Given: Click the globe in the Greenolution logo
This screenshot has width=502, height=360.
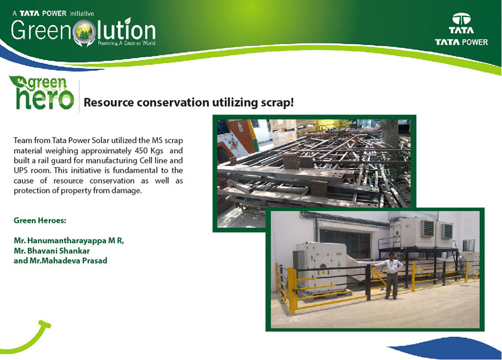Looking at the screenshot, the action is [85, 32].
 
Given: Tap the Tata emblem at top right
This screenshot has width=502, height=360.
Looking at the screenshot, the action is [461, 19].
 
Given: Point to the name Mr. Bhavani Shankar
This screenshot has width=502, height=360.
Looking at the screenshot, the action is [52, 250].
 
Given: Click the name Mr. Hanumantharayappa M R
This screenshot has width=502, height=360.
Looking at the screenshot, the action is [69, 241].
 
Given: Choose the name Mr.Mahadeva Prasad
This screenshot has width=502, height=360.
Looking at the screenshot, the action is [60, 260].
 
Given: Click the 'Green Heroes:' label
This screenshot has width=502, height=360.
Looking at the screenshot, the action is [40, 221].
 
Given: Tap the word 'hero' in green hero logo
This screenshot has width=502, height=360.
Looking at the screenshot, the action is [45, 98].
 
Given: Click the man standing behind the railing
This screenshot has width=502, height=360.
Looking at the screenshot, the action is [391, 275].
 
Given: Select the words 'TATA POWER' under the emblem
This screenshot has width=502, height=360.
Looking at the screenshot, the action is [461, 42].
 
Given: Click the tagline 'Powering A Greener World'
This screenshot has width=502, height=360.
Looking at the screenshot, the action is [126, 43].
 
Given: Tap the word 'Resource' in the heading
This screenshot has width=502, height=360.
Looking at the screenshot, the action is [109, 103].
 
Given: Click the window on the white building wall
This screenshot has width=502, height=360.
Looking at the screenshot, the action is [345, 244].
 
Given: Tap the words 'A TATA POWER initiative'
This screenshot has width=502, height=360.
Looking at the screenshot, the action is [53, 14].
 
